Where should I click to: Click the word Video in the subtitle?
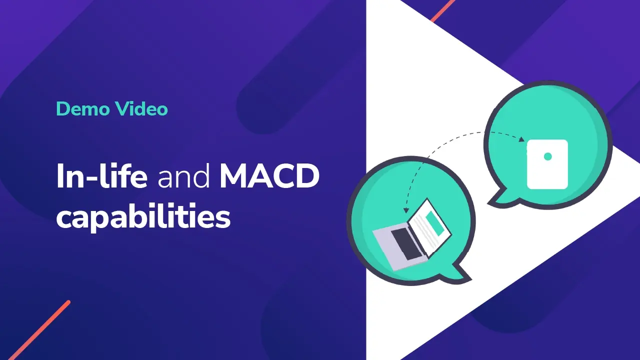point(141,108)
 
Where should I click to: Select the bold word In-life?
point(101,177)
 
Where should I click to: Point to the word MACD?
point(269,177)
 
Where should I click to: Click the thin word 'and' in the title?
point(183,178)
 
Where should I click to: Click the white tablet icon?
point(547,164)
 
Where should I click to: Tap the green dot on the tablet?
point(547,156)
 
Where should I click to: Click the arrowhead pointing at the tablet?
point(522,139)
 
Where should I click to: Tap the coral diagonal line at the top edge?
point(442,10)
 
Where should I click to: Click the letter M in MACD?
point(234,177)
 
